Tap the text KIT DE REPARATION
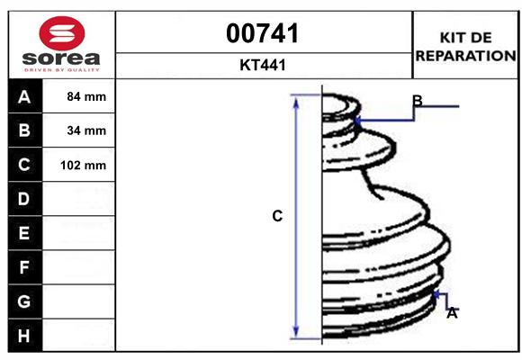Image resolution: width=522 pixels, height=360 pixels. point(465,46)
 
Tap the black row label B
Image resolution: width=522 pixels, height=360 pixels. point(24,130)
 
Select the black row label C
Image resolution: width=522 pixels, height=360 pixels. point(24,165)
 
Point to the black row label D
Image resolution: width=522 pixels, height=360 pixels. point(24,199)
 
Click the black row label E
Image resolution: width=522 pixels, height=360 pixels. point(24,233)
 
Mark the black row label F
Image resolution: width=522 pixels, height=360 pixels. point(24,267)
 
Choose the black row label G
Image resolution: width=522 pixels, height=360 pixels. point(24,301)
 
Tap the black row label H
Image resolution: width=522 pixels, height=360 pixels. point(24,335)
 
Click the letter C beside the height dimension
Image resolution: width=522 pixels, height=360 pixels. point(277,216)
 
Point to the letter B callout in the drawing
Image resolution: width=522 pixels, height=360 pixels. point(417,100)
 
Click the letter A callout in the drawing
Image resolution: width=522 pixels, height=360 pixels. point(452,313)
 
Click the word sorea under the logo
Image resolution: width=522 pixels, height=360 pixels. point(61,59)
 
